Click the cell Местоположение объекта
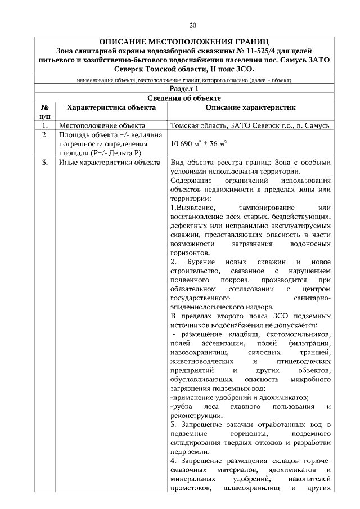[x=102, y=125]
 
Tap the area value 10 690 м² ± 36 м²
[x=199, y=145]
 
